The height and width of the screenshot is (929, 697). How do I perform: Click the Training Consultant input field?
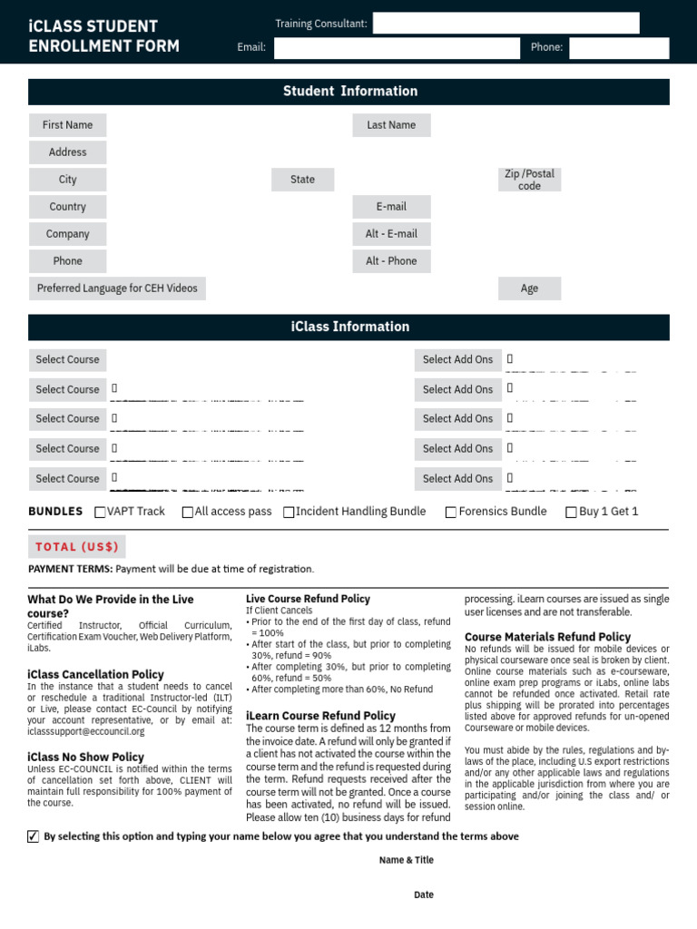tap(506, 24)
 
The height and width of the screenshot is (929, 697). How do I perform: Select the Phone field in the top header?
tap(619, 48)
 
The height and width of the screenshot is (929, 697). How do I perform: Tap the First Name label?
tap(67, 125)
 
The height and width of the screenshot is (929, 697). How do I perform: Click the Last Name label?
tap(391, 125)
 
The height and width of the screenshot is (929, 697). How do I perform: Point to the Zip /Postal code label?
tap(529, 180)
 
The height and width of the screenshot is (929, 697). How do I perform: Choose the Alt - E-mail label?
tap(391, 234)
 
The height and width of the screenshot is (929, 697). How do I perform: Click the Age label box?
tap(529, 288)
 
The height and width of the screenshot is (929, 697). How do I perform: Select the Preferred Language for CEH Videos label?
tap(117, 288)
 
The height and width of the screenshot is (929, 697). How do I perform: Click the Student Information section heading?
tap(349, 92)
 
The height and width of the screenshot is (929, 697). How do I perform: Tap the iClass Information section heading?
tap(349, 328)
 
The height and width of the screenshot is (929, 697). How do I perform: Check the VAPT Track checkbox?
tap(101, 513)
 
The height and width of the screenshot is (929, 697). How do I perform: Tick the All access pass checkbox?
tap(188, 513)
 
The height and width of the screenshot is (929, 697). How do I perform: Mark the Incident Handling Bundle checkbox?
tap(289, 513)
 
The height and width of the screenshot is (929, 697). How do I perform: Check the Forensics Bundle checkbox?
tap(451, 513)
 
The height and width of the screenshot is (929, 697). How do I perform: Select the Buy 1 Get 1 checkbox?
tap(571, 513)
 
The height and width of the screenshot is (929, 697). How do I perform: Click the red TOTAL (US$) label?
tap(77, 547)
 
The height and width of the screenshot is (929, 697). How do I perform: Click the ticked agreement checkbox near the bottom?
tap(34, 836)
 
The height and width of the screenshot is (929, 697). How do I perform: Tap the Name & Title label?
tap(407, 860)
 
